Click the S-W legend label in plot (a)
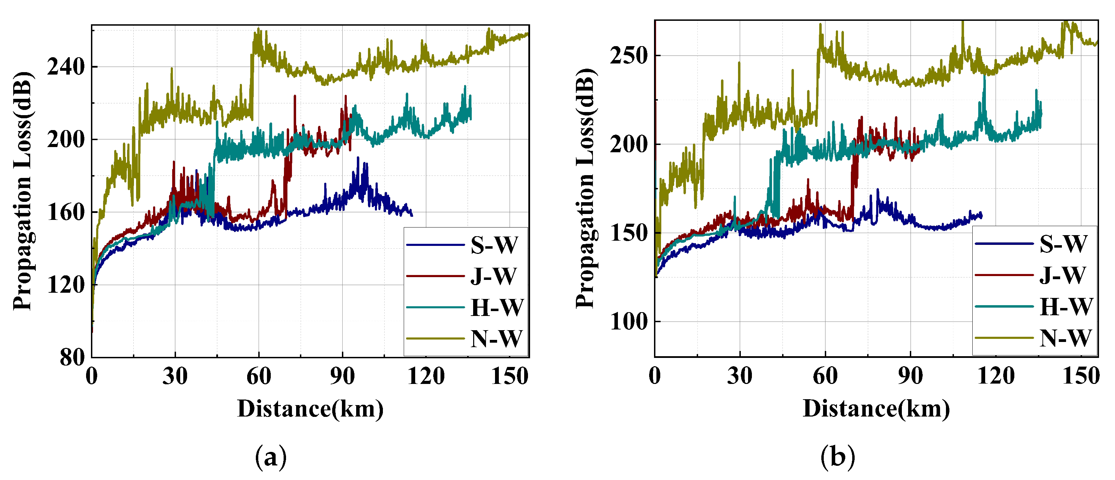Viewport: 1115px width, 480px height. (494, 245)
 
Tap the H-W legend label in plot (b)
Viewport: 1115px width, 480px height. (1066, 307)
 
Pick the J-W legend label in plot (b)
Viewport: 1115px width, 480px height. (1063, 275)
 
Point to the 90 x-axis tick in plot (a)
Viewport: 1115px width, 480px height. (342, 376)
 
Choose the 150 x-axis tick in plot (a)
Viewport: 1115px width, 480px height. (510, 376)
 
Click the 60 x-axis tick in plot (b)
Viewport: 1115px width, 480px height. (825, 376)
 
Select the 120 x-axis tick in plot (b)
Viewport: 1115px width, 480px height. (996, 376)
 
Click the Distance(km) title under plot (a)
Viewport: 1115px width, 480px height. (310, 409)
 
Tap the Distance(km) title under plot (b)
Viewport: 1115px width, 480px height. (876, 409)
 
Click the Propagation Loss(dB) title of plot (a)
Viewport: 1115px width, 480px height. (23, 190)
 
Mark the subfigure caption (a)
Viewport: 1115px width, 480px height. (271, 457)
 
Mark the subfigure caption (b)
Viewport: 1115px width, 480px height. (838, 457)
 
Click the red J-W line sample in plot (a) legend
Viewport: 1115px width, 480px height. (435, 276)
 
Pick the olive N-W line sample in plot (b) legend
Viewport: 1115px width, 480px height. (1004, 338)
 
